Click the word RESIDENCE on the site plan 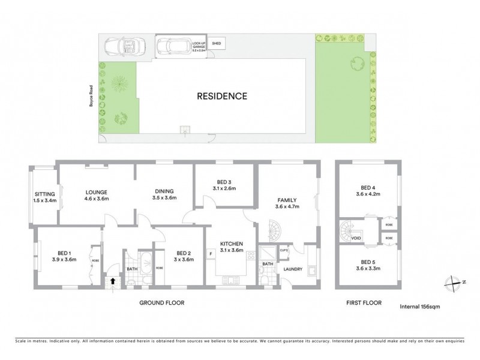(x=222, y=96)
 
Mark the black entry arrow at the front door (x=113, y=280)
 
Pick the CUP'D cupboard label (x=284, y=250)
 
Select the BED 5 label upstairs (x=368, y=265)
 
